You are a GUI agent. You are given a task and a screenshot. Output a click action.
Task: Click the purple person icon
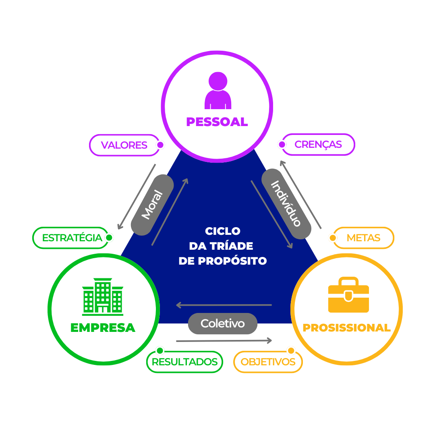click(218, 91)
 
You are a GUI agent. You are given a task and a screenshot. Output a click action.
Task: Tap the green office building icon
click(103, 297)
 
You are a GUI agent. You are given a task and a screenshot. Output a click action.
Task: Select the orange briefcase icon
click(348, 294)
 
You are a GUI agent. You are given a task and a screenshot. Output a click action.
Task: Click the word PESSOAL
click(217, 122)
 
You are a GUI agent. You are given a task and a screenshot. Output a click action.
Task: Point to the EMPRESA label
click(103, 327)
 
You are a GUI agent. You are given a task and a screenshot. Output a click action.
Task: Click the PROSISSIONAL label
click(346, 327)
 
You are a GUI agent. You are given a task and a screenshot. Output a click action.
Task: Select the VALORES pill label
click(124, 145)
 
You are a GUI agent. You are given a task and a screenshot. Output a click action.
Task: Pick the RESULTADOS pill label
click(184, 362)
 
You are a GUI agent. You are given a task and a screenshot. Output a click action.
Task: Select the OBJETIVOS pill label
click(268, 362)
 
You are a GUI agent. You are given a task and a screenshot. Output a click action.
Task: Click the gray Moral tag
click(152, 205)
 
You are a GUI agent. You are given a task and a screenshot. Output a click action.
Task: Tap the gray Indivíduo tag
click(286, 204)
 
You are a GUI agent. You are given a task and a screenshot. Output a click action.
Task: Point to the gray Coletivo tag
click(223, 323)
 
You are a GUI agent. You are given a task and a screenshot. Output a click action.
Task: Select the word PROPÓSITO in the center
click(232, 261)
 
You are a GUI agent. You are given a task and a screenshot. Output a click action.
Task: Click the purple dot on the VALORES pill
click(160, 145)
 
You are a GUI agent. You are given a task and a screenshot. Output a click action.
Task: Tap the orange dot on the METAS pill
click(333, 238)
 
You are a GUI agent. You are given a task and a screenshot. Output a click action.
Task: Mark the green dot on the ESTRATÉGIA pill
click(109, 238)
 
